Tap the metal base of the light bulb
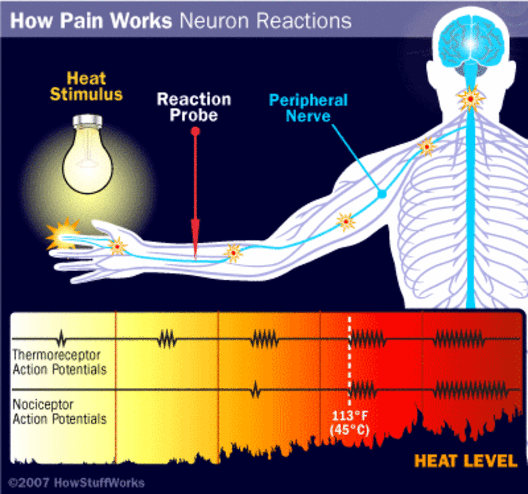click(88, 121)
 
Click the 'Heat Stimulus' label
click(86, 87)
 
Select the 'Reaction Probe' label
click(194, 107)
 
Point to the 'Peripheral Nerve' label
click(308, 108)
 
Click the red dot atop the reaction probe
click(195, 131)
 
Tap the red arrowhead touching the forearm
click(195, 238)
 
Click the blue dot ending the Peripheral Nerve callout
click(382, 193)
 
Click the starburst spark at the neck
click(470, 99)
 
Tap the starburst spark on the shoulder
click(426, 146)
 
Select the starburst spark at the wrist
click(117, 247)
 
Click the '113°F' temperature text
click(350, 416)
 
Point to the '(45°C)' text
click(350, 430)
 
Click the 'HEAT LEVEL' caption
click(466, 461)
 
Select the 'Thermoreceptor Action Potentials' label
click(59, 362)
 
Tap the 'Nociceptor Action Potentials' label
click(59, 412)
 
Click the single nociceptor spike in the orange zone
click(255, 390)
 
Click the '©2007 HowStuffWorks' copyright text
click(76, 483)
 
